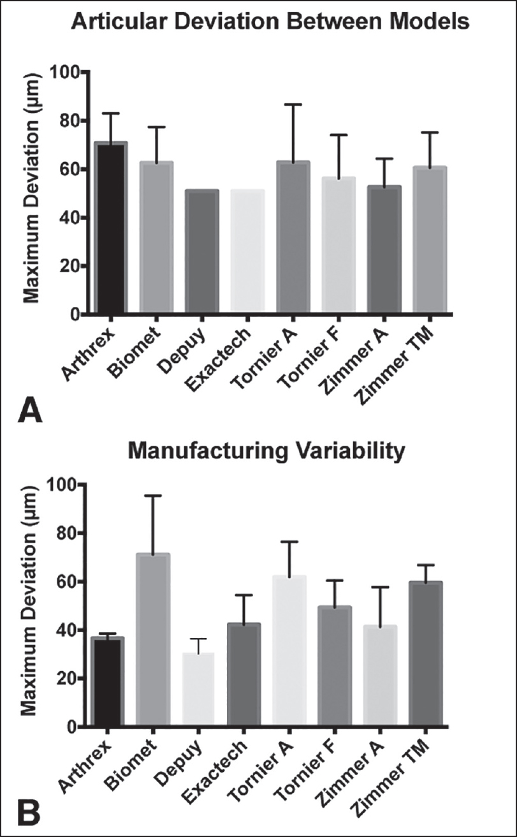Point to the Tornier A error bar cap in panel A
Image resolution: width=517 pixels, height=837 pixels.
[293, 104]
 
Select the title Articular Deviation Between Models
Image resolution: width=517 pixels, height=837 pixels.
[270, 23]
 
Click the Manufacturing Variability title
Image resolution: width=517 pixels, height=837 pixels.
[266, 452]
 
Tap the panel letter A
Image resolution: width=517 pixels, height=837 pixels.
[30, 410]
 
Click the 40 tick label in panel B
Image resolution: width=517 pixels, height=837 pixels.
[70, 630]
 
